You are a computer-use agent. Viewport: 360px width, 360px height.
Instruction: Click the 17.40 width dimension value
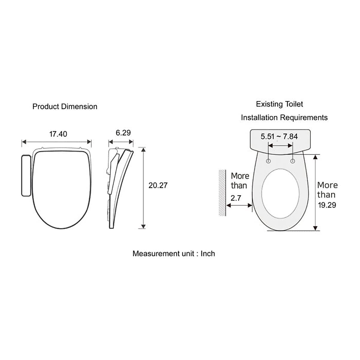click(x=58, y=134)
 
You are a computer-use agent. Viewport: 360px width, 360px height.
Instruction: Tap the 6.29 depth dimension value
click(x=123, y=133)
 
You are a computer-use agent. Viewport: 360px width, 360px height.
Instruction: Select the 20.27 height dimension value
click(x=158, y=185)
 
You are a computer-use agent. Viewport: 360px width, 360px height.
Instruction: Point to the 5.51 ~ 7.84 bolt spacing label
click(x=279, y=136)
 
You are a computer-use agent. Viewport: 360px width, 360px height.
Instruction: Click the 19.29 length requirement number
click(x=327, y=205)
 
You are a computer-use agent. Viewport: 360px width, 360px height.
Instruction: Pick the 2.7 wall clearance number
click(x=236, y=198)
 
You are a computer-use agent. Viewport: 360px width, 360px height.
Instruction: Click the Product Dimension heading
click(x=65, y=106)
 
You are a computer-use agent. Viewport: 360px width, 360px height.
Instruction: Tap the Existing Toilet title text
click(x=279, y=104)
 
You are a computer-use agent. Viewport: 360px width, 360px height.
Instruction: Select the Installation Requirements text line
click(x=284, y=118)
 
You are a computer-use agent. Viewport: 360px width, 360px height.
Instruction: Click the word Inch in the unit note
click(x=208, y=253)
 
